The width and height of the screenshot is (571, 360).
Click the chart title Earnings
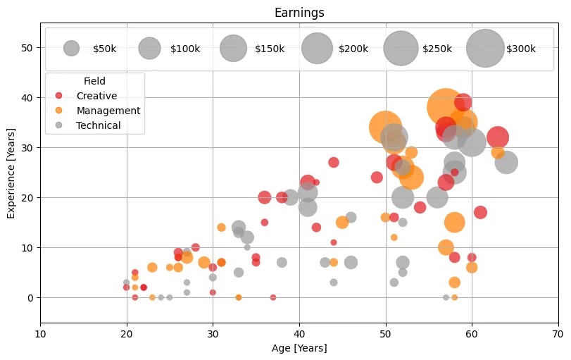pyautogui.click(x=299, y=13)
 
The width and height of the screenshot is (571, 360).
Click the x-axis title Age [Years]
pyautogui.click(x=299, y=347)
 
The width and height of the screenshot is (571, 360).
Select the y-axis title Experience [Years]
pyautogui.click(x=12, y=173)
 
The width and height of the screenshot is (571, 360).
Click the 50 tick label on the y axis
pyautogui.click(x=28, y=47)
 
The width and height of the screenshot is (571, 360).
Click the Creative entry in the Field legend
pyautogui.click(x=96, y=95)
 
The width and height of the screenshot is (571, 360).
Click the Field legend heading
pyautogui.click(x=94, y=81)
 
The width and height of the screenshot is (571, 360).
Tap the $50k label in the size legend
pyautogui.click(x=104, y=49)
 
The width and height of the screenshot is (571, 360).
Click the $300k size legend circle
pyautogui.click(x=484, y=49)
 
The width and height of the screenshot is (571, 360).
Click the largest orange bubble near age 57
pyautogui.click(x=446, y=107)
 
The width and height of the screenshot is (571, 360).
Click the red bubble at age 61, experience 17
pyautogui.click(x=480, y=212)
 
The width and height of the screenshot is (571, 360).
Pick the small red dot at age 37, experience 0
pyautogui.click(x=273, y=297)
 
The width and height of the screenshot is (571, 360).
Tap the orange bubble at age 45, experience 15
pyautogui.click(x=342, y=222)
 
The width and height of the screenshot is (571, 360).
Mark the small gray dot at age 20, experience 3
pyautogui.click(x=127, y=283)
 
